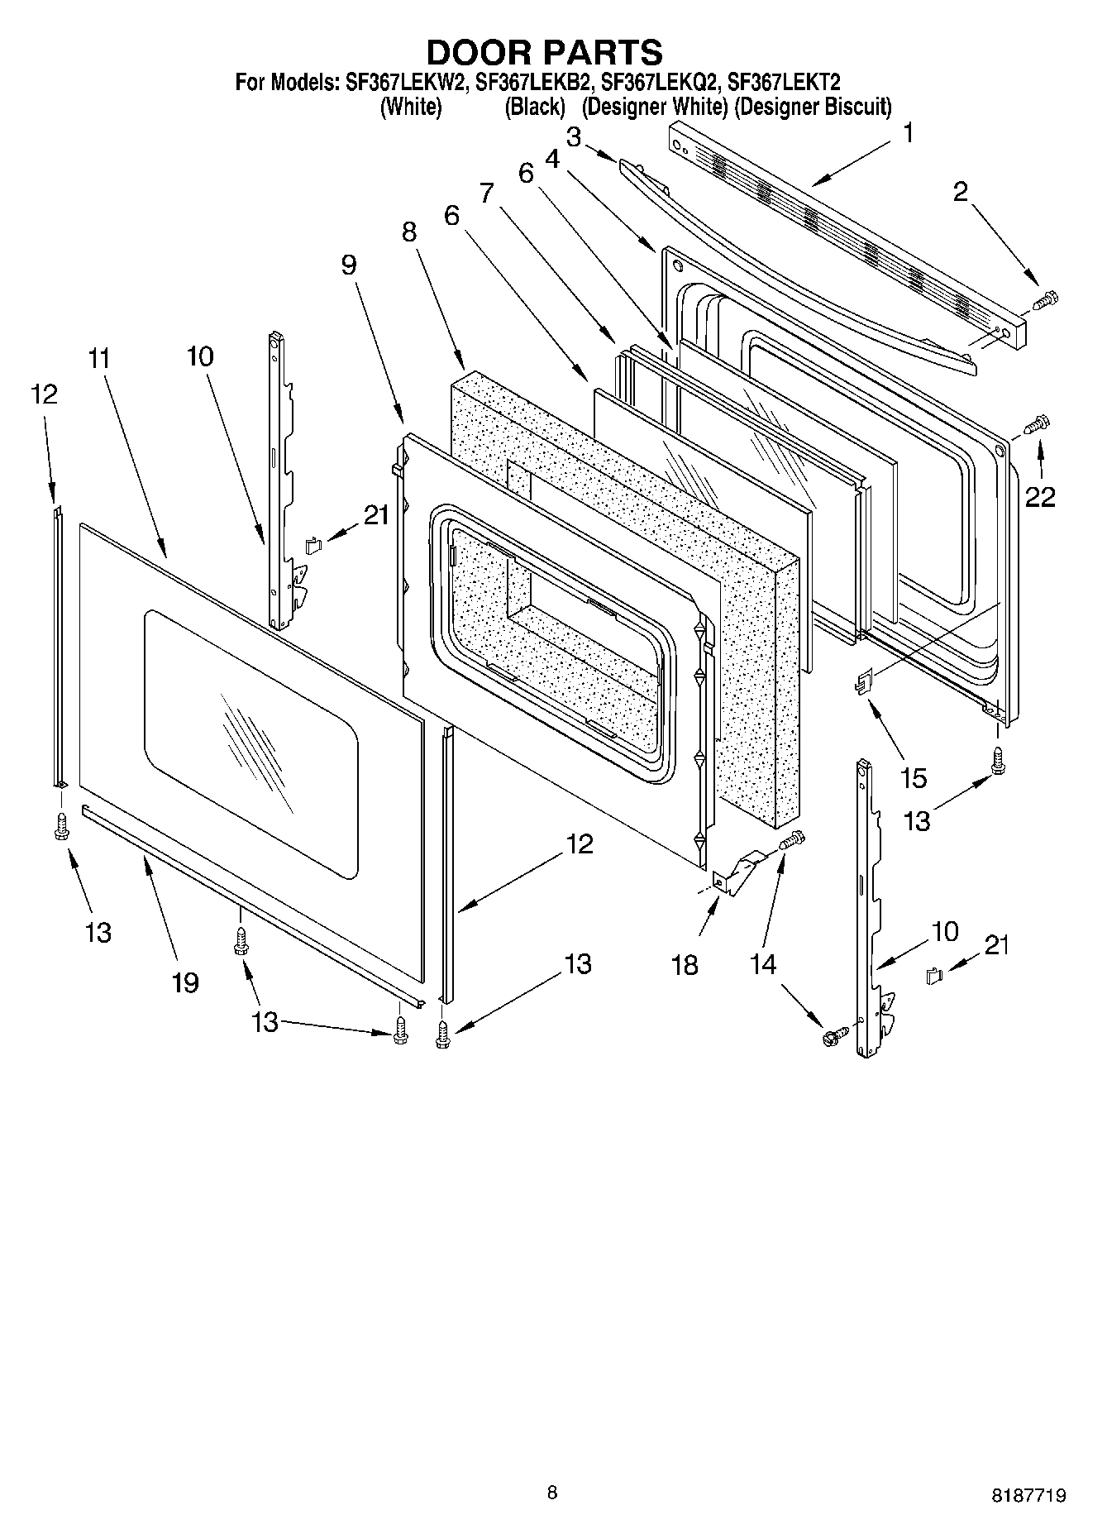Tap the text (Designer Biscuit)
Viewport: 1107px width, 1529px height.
tap(813, 107)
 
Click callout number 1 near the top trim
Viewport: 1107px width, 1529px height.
tap(908, 132)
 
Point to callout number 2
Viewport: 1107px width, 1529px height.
tap(959, 192)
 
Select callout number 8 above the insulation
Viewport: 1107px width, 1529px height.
tap(409, 232)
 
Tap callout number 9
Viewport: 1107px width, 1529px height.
tap(348, 265)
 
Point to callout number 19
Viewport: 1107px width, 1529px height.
tap(185, 982)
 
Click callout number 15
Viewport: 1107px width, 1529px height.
tap(914, 778)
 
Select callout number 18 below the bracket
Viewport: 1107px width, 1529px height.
tap(685, 964)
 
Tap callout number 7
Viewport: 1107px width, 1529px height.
tap(487, 194)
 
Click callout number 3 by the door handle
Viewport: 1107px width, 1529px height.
tap(573, 136)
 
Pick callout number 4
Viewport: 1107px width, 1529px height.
tap(552, 159)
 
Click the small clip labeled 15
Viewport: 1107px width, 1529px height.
tap(863, 683)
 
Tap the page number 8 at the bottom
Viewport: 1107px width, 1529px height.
tap(552, 1492)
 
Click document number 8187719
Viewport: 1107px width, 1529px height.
tap(1028, 1495)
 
